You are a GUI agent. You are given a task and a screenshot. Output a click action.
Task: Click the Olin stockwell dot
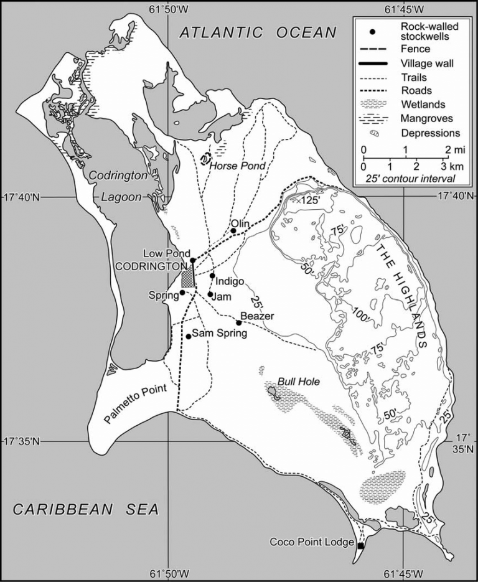[233, 231]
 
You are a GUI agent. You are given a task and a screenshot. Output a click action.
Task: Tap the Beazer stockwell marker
[239, 322]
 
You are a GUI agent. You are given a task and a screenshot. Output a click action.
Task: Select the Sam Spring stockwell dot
[189, 337]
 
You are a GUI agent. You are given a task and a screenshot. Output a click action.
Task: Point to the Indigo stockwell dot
[213, 276]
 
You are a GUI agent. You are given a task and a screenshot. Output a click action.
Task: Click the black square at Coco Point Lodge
[360, 546]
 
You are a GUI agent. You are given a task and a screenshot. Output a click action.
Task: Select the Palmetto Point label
[136, 405]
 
